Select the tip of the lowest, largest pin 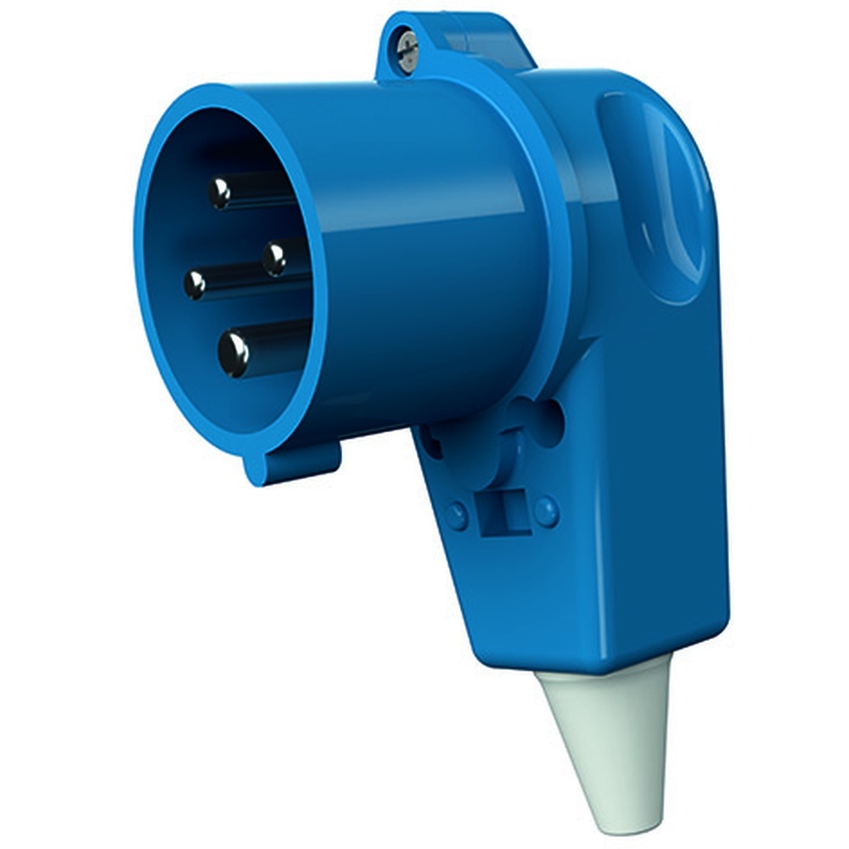click(x=233, y=353)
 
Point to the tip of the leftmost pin click(x=195, y=284)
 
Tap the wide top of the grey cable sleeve click(x=606, y=679)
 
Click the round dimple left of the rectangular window click(x=457, y=514)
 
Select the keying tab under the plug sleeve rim click(x=293, y=463)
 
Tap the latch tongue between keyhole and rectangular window click(x=510, y=458)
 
